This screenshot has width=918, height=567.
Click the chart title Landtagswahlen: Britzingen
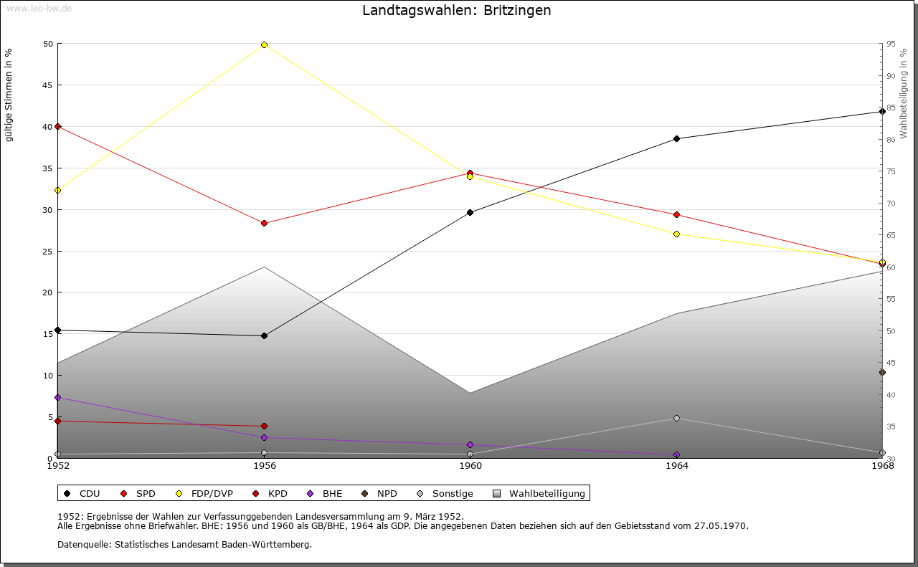(457, 11)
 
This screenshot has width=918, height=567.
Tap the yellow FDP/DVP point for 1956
(265, 44)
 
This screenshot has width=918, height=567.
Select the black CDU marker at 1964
(676, 138)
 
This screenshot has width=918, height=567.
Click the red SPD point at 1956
(265, 223)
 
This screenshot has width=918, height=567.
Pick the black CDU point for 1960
(470, 212)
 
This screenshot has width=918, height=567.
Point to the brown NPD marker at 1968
(882, 372)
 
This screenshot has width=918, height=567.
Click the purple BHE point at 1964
(676, 454)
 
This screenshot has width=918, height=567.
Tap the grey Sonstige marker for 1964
(676, 418)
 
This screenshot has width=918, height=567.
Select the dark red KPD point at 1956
(265, 426)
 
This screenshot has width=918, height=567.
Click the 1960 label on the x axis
(470, 466)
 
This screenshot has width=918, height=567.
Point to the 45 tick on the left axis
(47, 85)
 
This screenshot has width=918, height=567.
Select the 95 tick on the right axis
(890, 44)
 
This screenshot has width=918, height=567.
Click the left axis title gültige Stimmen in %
(9, 95)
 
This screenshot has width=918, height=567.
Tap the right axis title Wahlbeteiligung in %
(904, 93)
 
